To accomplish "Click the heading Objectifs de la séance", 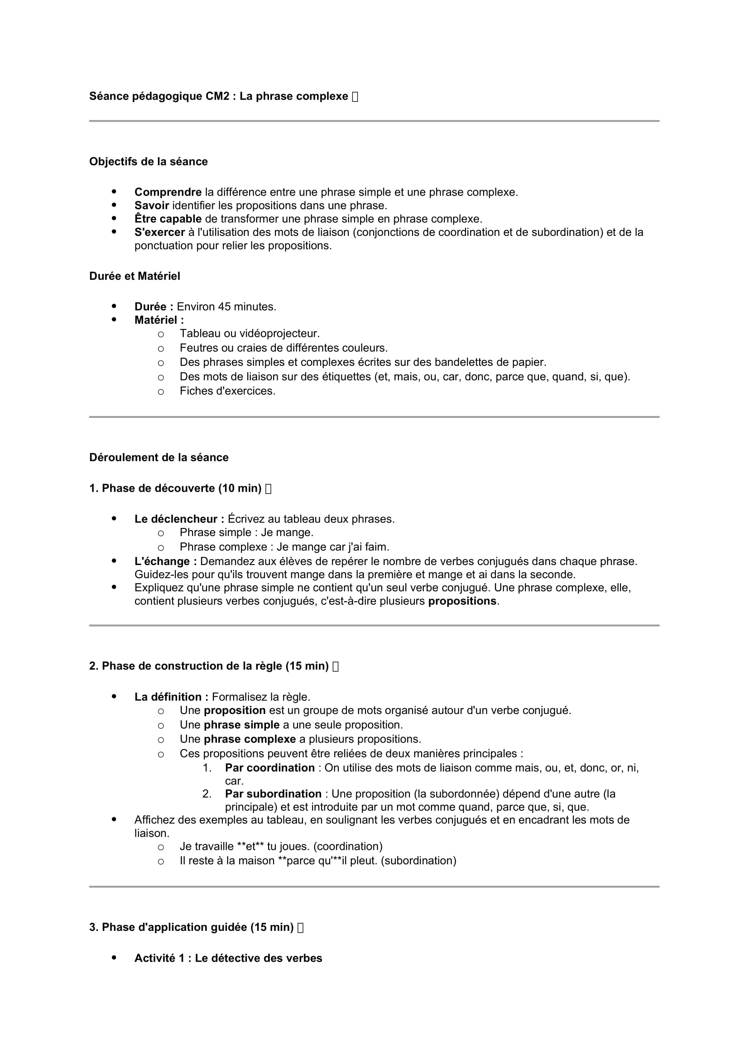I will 148,162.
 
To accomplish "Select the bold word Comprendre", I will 168,192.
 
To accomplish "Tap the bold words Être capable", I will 168,219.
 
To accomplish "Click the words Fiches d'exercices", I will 227,391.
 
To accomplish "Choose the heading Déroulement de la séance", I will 158,458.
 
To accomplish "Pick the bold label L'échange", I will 166,562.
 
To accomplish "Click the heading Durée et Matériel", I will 134,276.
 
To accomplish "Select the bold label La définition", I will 171,697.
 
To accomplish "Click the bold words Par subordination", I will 273,794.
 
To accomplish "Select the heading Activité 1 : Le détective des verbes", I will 228,958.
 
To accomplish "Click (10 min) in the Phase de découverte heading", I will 240,489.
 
